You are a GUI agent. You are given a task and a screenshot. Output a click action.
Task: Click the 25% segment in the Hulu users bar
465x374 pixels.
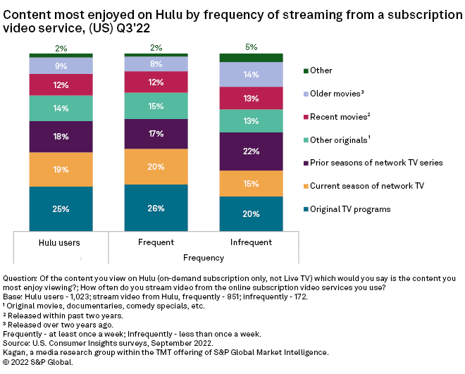[x=61, y=208]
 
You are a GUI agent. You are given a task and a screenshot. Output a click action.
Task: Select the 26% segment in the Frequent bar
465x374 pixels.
[x=156, y=208]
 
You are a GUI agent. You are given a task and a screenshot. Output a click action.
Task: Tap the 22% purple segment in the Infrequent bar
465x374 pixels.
[x=252, y=151]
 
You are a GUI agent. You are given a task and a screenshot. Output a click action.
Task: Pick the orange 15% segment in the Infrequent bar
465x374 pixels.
[x=252, y=183]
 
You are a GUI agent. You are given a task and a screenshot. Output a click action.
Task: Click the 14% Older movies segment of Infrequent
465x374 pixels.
[x=252, y=74]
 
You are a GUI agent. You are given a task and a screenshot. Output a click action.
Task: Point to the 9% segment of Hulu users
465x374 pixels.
[x=61, y=66]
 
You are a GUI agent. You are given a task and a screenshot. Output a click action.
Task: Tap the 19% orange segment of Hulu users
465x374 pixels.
[x=61, y=169]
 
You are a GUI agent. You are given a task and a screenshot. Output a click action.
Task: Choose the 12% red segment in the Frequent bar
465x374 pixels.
[x=156, y=82]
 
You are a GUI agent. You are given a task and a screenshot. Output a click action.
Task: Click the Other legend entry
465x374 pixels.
[x=322, y=70]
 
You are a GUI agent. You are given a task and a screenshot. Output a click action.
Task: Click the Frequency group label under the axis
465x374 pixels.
[x=203, y=258]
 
